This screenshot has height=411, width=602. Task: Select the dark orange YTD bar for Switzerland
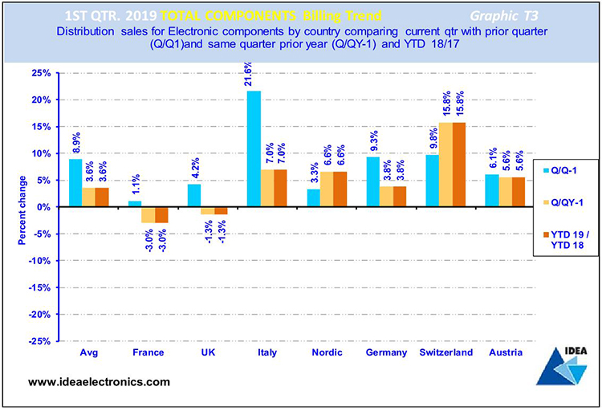459,165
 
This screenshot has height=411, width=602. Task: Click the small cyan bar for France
134,204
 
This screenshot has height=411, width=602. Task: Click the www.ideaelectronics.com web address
99,381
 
